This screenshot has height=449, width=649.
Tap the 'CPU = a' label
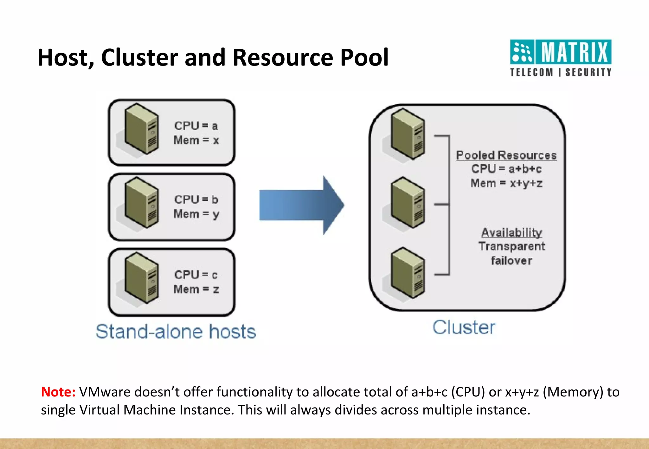(x=196, y=126)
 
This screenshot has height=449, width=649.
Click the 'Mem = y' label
(x=196, y=214)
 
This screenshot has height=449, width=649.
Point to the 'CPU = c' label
(x=196, y=275)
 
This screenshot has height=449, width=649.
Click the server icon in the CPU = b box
(x=141, y=203)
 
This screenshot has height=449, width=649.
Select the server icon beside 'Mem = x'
(x=141, y=129)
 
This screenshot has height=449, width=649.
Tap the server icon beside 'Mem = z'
(x=141, y=278)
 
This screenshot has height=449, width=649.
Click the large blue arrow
(x=301, y=205)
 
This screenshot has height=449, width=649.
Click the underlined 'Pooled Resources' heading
(x=506, y=155)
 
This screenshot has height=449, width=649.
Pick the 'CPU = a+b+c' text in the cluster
(x=506, y=169)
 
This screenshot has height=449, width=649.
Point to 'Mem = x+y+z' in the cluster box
(x=506, y=183)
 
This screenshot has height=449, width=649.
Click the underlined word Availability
(x=511, y=232)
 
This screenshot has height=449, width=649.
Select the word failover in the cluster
(x=511, y=261)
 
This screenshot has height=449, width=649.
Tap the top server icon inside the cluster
(x=408, y=134)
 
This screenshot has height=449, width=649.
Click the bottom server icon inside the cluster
(x=408, y=273)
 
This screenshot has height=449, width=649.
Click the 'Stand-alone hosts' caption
(x=176, y=332)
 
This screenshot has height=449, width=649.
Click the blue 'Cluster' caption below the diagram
(x=464, y=327)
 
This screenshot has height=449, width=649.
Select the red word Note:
(x=58, y=392)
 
